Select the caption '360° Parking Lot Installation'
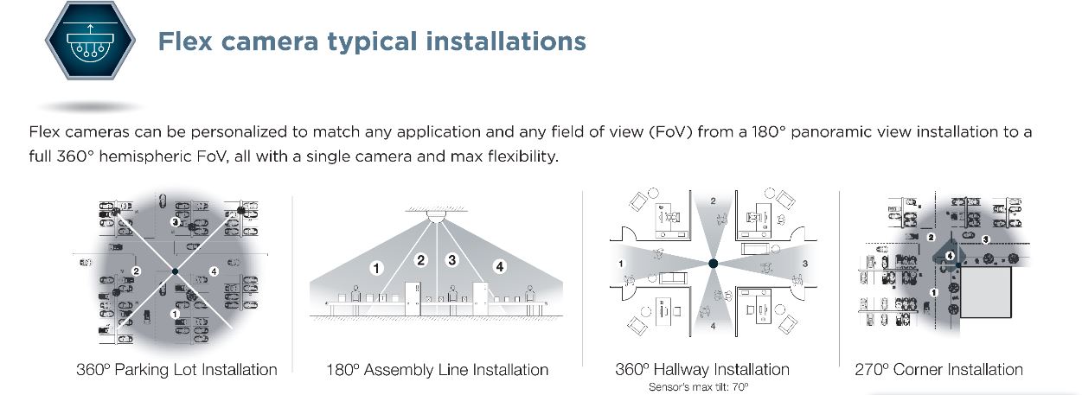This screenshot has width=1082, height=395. tap(177, 370)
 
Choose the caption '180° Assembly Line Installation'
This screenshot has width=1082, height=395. tap(438, 370)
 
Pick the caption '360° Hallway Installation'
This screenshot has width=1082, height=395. tap(702, 369)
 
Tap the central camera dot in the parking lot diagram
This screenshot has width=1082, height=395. tap(176, 271)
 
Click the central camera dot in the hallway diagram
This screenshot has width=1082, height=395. tap(713, 263)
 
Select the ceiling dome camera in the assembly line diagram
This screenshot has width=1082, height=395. tap(434, 218)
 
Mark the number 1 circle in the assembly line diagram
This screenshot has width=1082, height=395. tap(377, 269)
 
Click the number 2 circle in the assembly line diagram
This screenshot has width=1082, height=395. tap(421, 259)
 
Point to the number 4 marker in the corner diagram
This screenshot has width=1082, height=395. tap(950, 256)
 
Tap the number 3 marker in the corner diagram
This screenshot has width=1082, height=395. tap(985, 239)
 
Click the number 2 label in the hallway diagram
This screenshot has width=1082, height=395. tap(714, 201)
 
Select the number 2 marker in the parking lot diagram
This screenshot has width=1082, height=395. tap(136, 271)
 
